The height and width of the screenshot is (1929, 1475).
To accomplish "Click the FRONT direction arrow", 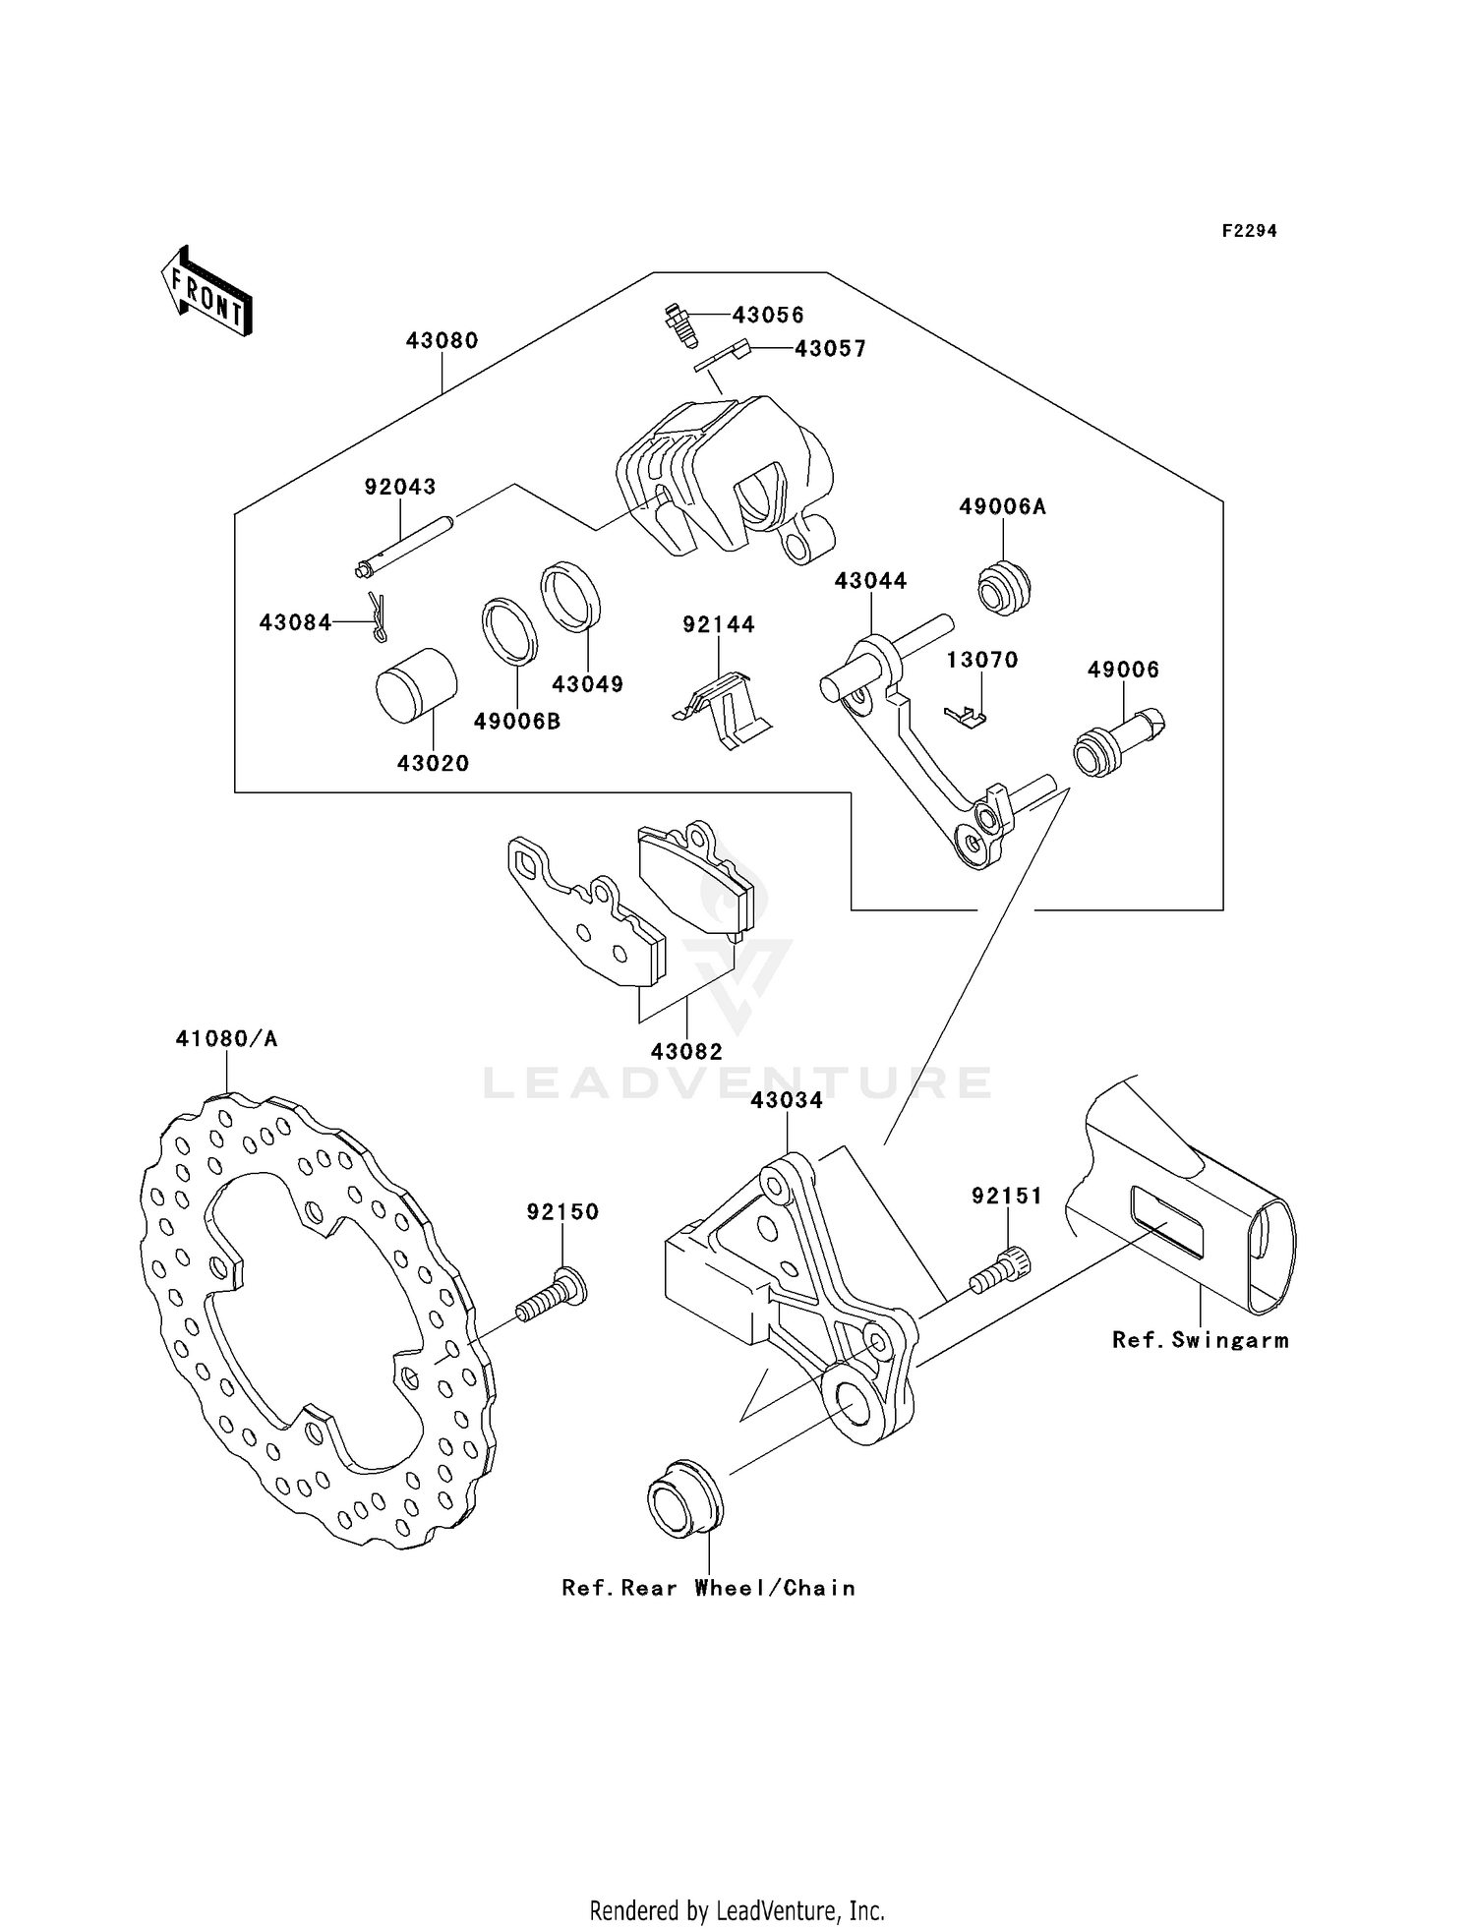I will coord(207,293).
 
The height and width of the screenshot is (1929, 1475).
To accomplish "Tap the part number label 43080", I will coord(442,341).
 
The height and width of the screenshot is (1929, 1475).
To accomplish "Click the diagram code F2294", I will coord(1249,231).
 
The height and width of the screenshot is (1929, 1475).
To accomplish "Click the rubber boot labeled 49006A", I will coord(1004,586).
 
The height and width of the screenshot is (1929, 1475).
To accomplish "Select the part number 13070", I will coord(981,660).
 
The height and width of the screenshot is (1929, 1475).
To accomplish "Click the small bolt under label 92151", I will coord(999,1270).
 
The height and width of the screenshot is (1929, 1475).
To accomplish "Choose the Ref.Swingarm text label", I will coord(1200,1341).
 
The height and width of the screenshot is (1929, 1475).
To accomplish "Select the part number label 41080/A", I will coord(226,1039).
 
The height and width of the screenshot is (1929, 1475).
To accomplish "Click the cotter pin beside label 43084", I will coord(378,617).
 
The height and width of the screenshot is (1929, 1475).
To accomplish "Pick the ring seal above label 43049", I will coord(570,596).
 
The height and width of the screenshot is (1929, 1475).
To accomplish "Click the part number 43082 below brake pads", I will coord(685,1052).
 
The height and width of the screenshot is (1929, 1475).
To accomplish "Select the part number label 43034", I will coord(787,1101).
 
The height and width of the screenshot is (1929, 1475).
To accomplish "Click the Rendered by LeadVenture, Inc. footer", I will coord(737,1910).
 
